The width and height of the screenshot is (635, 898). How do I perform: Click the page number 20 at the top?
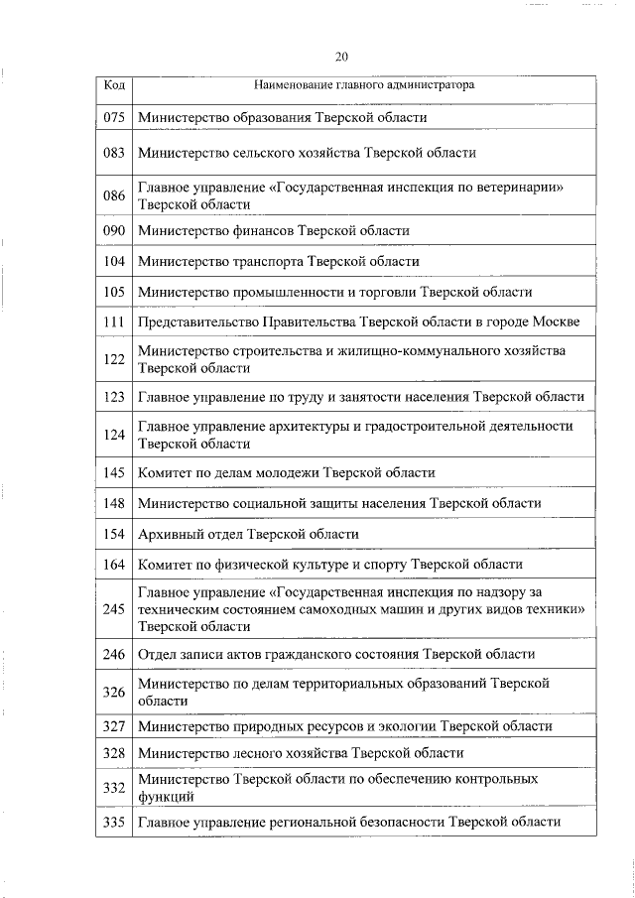click(341, 57)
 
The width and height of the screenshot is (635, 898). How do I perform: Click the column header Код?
click(114, 85)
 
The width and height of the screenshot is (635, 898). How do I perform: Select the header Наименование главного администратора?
click(364, 85)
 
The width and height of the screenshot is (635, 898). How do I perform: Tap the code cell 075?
click(114, 117)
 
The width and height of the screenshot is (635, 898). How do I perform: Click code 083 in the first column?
click(114, 153)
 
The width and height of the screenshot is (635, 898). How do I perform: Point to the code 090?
click(114, 230)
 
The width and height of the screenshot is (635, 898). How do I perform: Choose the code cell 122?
click(114, 359)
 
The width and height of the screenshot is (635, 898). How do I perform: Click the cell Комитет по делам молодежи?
click(286, 472)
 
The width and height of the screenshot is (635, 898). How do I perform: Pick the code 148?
click(114, 504)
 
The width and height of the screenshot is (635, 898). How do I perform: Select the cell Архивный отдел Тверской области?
click(248, 534)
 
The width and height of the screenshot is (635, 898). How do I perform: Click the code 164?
click(114, 565)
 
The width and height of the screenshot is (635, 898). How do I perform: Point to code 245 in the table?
click(114, 609)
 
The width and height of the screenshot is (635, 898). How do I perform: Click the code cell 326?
click(114, 692)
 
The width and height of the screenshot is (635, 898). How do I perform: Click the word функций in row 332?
click(166, 796)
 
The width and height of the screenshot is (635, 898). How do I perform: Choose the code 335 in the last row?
click(114, 822)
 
